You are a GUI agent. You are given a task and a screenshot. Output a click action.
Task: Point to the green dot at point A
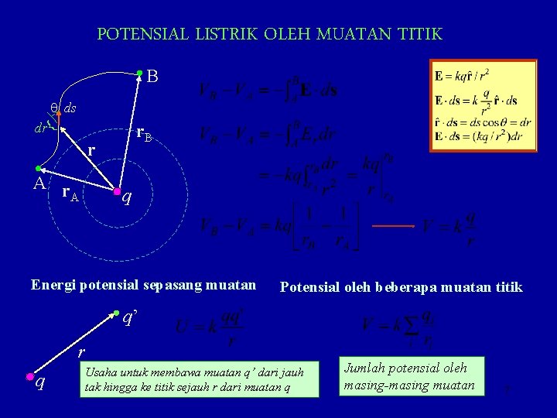pyautogui.click(x=38, y=169)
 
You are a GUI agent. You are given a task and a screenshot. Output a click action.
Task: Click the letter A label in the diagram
pyautogui.click(x=38, y=185)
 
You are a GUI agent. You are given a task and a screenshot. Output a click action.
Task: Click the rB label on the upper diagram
pyautogui.click(x=145, y=134)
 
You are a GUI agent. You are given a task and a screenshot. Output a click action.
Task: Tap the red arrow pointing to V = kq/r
pyautogui.click(x=394, y=226)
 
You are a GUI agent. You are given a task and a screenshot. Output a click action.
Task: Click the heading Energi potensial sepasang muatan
pyautogui.click(x=143, y=284)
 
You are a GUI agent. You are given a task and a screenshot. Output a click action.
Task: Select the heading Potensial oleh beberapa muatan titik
pyautogui.click(x=401, y=287)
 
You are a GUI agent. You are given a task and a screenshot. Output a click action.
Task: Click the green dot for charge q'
pyautogui.click(x=115, y=313)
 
